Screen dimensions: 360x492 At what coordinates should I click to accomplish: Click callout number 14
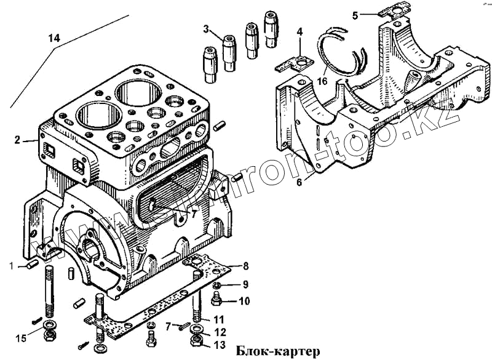click(x=54, y=38)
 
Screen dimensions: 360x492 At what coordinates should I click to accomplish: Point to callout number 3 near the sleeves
click(x=207, y=28)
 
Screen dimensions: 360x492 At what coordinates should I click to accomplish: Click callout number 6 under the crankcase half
click(x=300, y=182)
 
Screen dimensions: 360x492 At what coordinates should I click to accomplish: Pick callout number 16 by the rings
click(x=322, y=81)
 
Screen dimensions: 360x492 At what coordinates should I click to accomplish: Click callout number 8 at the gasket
click(x=245, y=266)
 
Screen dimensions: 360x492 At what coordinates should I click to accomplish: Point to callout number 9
click(x=245, y=284)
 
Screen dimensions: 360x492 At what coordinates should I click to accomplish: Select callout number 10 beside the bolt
click(x=245, y=301)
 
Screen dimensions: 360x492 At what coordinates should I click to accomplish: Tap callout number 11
click(x=219, y=319)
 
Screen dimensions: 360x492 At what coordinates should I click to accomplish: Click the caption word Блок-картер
click(x=278, y=352)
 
